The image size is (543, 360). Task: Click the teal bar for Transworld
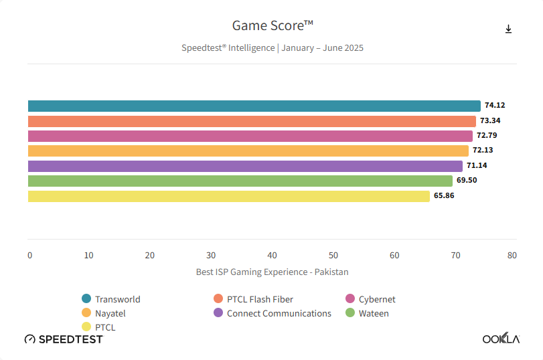pos(254,106)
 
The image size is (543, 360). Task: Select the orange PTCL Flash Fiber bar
pos(252,121)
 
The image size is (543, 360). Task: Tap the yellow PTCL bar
pos(228,196)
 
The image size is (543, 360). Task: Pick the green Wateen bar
pos(240,181)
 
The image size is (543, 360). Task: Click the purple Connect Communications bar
pos(245,166)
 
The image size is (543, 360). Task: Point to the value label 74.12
pos(495,106)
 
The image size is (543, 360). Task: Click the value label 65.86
pos(444,196)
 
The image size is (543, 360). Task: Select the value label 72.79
pos(487,136)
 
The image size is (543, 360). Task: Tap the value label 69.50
pos(467,181)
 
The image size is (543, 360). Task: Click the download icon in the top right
pos(508,29)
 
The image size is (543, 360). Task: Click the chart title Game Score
pos(272,25)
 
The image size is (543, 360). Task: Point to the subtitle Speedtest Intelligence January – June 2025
pos(272,48)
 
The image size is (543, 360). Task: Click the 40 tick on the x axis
pos(272,256)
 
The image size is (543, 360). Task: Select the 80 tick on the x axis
pos(512,256)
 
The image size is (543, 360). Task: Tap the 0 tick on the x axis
pos(30,256)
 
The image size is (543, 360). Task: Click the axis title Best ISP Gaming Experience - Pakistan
pos(272,272)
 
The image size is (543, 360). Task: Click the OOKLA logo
pos(501,339)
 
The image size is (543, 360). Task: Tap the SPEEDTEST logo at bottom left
pos(64,339)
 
